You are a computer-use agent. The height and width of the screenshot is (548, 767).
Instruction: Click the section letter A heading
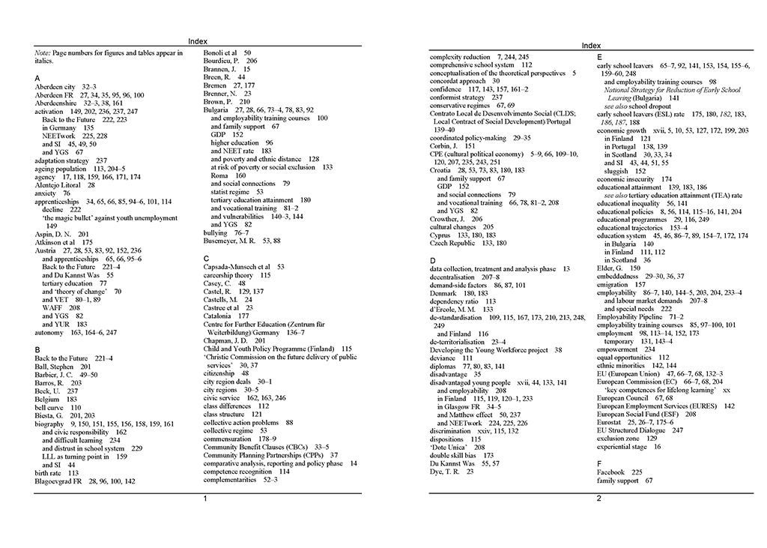[37, 78]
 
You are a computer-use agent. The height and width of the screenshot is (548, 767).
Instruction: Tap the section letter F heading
[599, 464]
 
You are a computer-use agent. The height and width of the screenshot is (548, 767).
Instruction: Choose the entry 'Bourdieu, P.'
[225, 61]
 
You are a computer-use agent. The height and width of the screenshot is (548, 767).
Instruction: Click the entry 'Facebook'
[610, 472]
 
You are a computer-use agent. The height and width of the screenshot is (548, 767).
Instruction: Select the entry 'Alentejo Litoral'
[58, 184]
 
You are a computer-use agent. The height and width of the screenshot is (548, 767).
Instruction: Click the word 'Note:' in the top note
[43, 53]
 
